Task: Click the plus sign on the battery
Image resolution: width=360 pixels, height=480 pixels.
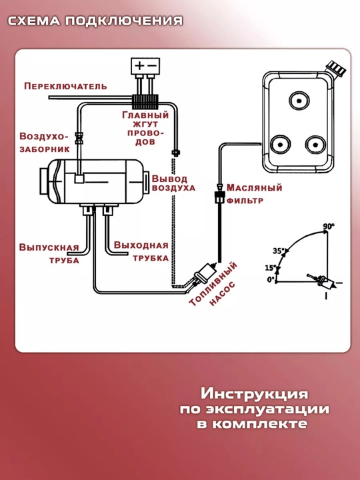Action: pos(139,65)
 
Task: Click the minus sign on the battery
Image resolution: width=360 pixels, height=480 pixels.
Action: pos(152,65)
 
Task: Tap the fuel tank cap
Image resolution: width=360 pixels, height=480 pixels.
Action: pos(335,67)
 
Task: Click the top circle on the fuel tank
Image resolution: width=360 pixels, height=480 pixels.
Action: pos(299,101)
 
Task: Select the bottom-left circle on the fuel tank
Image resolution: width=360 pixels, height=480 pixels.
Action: pos(280,144)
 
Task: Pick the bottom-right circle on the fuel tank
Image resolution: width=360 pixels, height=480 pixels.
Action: pos(315,145)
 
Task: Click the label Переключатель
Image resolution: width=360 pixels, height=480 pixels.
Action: pos(66,86)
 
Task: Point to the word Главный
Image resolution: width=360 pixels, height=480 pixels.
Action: pos(145,115)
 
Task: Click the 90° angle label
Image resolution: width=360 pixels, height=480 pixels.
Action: pos(329,227)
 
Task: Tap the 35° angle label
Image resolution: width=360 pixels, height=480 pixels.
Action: pos(278,251)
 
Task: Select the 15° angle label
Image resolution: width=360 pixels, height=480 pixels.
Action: pos(270,268)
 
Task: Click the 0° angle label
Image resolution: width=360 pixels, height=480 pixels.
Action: pos(270,279)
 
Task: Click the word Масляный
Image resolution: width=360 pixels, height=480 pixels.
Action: pos(254,187)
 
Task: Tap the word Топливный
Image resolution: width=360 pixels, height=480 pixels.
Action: pos(213,283)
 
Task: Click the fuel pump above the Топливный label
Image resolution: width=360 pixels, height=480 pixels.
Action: pos(203,274)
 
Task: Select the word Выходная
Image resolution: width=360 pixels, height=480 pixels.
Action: pos(141,245)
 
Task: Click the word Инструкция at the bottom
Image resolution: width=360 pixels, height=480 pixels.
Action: pos(254,394)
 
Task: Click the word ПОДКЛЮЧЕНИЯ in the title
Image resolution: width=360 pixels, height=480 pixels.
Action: pos(124,21)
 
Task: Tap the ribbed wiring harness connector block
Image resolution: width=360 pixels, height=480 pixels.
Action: pos(145,101)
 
